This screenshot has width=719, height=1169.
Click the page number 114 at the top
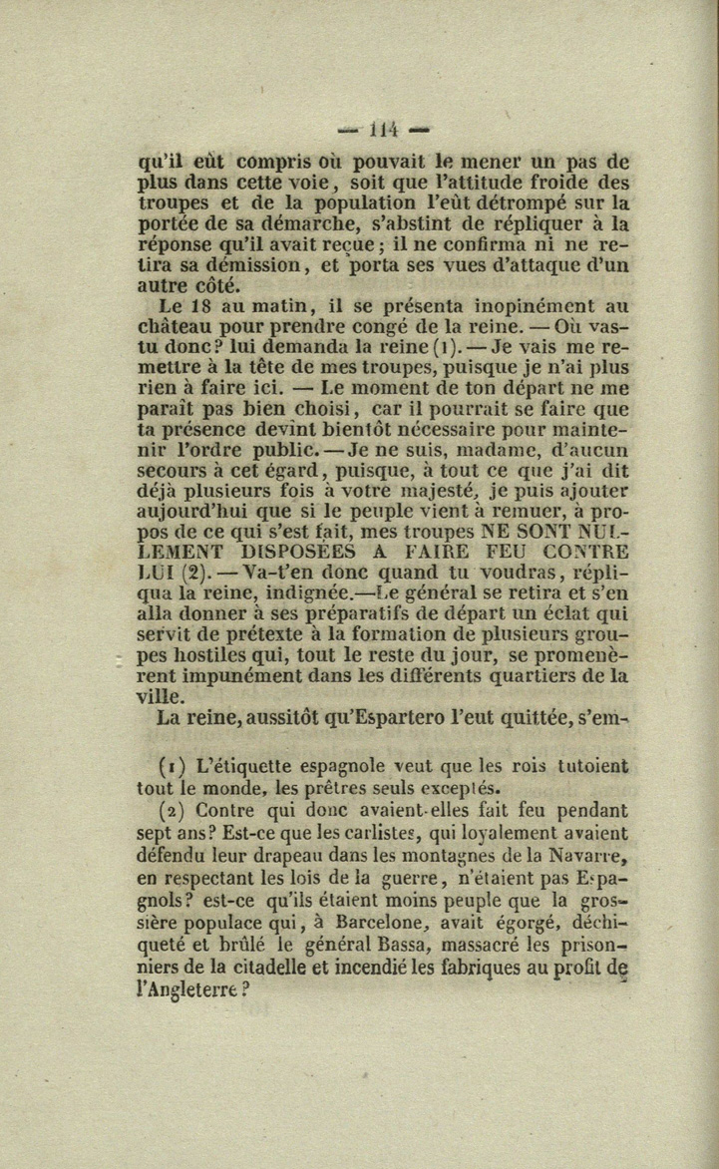(383, 130)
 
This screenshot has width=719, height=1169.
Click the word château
(176, 329)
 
